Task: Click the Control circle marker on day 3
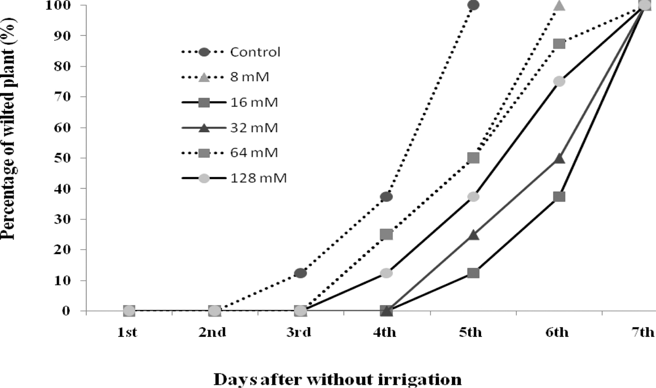click(x=300, y=273)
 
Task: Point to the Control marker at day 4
click(x=386, y=196)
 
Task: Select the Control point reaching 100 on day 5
click(x=473, y=5)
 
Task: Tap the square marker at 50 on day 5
click(x=473, y=158)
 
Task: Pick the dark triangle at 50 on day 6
click(x=559, y=158)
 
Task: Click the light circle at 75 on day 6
click(x=559, y=81)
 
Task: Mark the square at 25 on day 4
click(x=386, y=234)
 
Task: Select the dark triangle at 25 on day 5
click(x=473, y=235)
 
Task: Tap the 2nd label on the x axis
click(x=212, y=333)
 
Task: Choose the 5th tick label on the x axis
click(x=471, y=333)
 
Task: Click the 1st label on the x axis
click(x=127, y=333)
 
